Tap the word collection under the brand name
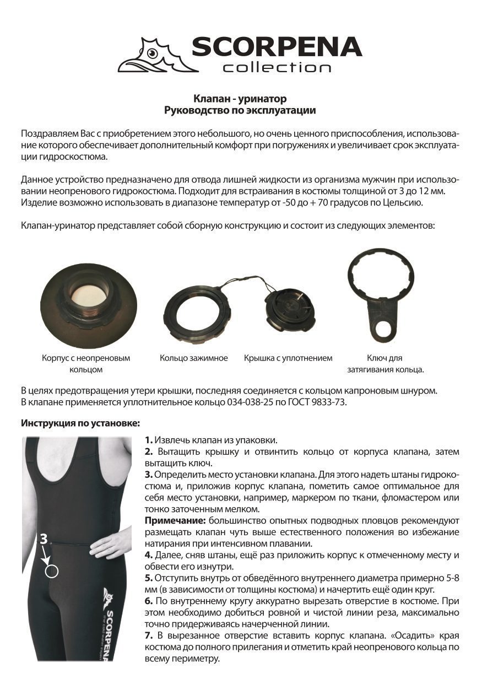(x=277, y=68)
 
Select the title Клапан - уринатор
(x=240, y=99)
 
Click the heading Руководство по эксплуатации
(x=240, y=110)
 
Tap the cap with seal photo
(x=289, y=309)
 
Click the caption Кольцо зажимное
(x=194, y=358)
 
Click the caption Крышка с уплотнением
(x=288, y=358)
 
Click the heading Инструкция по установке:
(x=80, y=423)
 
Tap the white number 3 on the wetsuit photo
(x=43, y=540)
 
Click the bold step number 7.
(x=149, y=635)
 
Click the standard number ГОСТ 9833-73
(x=320, y=402)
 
